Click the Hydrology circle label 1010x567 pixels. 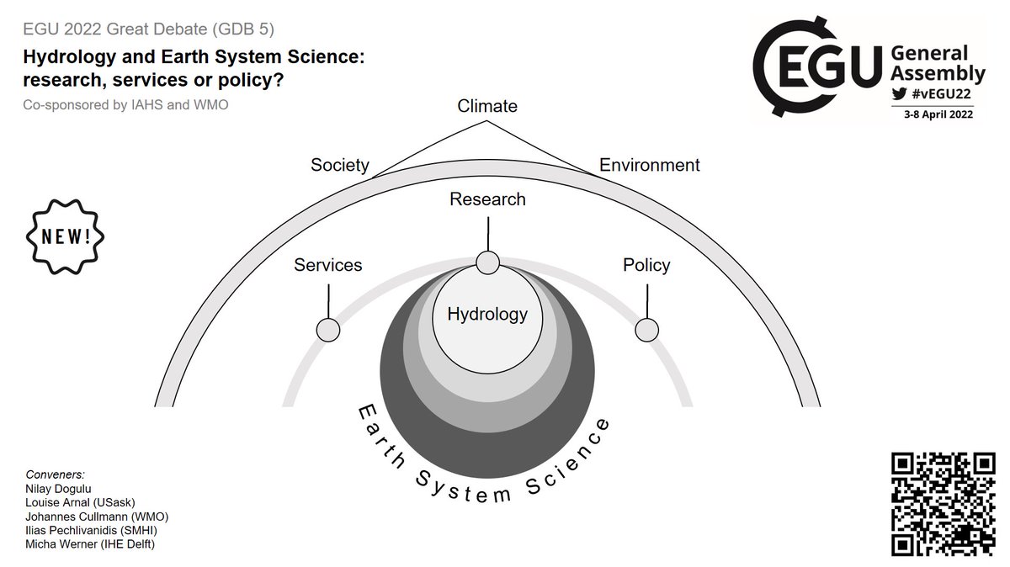point(487,315)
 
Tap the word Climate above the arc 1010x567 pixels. point(487,106)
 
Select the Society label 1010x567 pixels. point(340,165)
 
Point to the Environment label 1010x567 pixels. point(649,165)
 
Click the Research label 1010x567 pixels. point(487,199)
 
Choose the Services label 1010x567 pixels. point(327,265)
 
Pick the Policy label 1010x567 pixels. point(646,265)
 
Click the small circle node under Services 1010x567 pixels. point(327,330)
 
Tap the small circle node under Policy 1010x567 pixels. point(646,330)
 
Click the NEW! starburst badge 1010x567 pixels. point(66,236)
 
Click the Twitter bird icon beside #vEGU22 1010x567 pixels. point(899,94)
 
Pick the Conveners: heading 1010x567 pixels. point(56,474)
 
